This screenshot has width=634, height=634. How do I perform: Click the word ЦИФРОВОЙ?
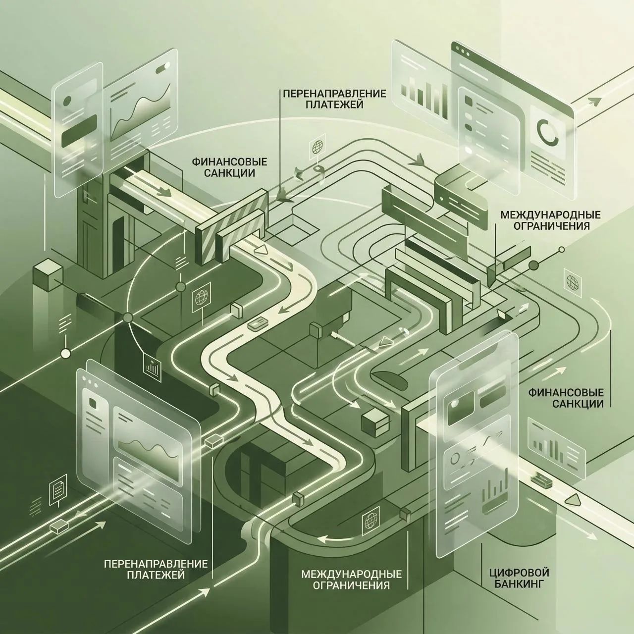click(x=519, y=554)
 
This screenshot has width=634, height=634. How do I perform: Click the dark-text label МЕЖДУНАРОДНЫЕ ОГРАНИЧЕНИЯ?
click(x=545, y=220)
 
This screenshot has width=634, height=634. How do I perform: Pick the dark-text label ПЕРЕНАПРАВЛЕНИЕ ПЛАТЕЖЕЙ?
click(x=334, y=99)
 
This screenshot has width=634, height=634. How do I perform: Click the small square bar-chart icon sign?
click(x=152, y=365)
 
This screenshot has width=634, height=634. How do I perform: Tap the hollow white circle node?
click(x=66, y=354)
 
